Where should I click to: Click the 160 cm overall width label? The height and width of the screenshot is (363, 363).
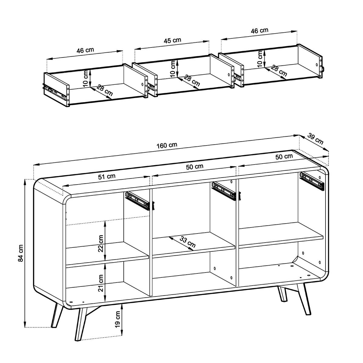(x=167, y=145)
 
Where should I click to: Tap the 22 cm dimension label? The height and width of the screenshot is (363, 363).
(x=101, y=244)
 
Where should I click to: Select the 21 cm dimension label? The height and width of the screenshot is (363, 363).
(x=101, y=283)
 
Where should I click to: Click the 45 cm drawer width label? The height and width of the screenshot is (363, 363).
(x=172, y=40)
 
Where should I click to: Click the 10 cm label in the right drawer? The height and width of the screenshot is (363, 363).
(x=260, y=59)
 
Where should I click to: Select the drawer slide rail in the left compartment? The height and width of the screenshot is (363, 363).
(x=138, y=200)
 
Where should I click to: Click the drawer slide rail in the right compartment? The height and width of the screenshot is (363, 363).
(x=312, y=180)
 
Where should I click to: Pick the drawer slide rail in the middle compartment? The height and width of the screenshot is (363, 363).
(x=224, y=191)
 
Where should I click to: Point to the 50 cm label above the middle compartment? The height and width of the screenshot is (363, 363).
(x=195, y=167)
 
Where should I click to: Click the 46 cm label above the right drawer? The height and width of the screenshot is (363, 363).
(x=260, y=30)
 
